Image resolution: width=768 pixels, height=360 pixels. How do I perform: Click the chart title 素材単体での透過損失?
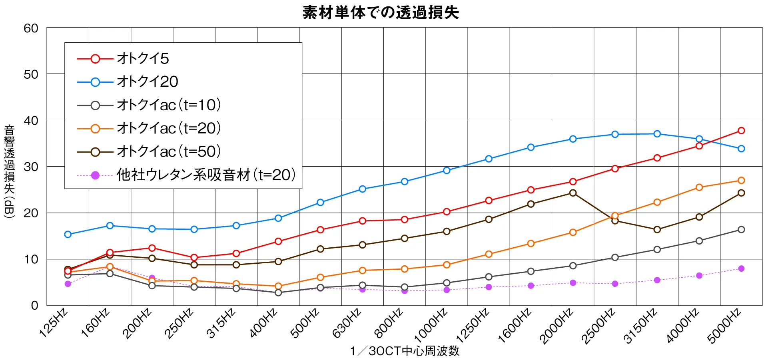tap(381, 12)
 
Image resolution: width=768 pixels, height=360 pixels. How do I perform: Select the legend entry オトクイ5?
tap(143, 59)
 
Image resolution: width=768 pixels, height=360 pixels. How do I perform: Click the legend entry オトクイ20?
tap(147, 82)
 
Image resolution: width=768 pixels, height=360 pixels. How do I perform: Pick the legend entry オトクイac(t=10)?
tap(168, 105)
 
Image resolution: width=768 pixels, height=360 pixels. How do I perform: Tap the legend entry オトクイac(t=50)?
tap(168, 151)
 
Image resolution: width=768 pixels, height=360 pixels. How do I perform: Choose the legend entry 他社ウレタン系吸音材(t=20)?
tap(205, 175)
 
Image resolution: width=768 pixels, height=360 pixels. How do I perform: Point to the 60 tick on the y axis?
tap(31, 28)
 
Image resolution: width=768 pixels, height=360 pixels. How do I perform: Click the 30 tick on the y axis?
tap(31, 167)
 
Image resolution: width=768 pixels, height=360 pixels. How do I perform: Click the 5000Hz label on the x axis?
tap(724, 325)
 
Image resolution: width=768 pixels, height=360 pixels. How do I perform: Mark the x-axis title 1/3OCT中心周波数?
tap(405, 351)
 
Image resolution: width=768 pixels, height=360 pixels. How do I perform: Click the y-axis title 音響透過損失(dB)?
tap(9, 171)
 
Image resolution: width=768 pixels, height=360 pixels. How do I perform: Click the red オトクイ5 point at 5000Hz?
tap(741, 131)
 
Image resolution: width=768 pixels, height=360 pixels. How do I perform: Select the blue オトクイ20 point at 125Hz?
tap(68, 235)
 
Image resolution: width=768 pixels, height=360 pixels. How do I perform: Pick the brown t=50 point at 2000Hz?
tap(573, 193)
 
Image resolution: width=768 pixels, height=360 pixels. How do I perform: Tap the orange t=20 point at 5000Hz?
tap(741, 181)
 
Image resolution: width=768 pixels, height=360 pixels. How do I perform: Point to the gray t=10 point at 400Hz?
tap(278, 293)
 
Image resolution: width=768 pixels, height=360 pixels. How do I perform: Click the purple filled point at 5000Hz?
tap(741, 269)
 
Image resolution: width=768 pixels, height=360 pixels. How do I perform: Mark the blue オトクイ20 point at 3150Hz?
tap(657, 134)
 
